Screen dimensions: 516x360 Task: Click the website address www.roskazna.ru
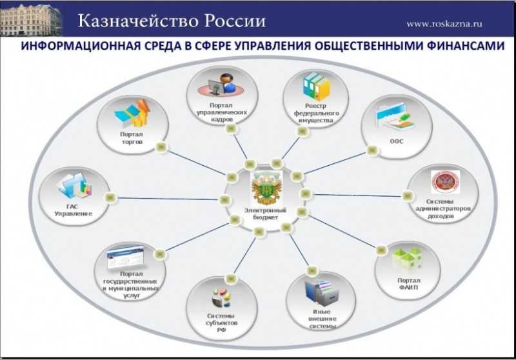(x=444, y=24)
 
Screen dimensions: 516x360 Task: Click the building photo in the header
(x=31, y=19)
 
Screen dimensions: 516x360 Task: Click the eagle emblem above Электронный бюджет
(x=266, y=188)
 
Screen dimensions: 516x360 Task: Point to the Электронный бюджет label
(x=265, y=214)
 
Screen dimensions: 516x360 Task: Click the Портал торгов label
(x=132, y=138)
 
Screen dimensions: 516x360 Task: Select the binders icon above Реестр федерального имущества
(x=316, y=86)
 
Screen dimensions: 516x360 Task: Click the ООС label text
(x=396, y=141)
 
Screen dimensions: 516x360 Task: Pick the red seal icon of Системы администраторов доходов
(x=446, y=182)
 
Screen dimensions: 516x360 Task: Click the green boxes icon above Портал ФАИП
(x=407, y=261)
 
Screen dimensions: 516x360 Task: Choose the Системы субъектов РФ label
(x=222, y=323)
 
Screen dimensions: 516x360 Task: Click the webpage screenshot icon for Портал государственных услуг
(x=125, y=257)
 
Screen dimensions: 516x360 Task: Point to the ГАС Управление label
(x=73, y=210)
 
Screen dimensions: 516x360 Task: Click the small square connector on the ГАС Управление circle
(x=110, y=197)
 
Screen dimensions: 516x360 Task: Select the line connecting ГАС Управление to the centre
(x=168, y=199)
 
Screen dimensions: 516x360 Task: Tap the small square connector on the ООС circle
(x=372, y=150)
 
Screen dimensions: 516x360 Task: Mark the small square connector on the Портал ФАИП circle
(x=381, y=250)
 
